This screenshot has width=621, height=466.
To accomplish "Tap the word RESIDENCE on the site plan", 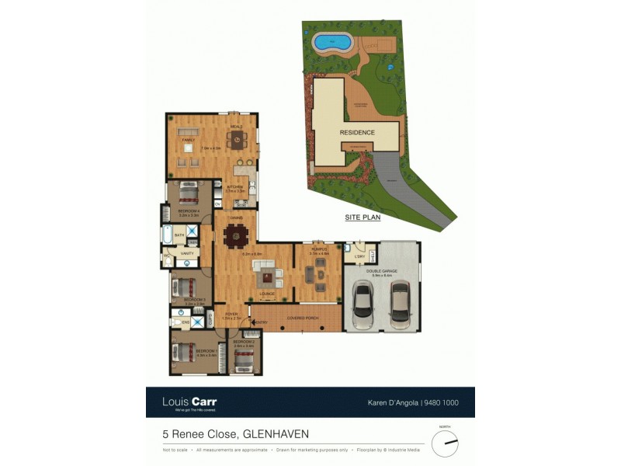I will click(357, 133).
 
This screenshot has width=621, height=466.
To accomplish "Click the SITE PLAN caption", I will click(363, 218).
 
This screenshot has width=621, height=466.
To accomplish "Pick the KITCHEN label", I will click(235, 187).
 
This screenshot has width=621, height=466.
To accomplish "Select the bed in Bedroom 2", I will click(244, 358).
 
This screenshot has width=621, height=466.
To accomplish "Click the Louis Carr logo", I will click(189, 402).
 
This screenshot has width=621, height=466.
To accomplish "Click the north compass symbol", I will click(445, 443).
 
